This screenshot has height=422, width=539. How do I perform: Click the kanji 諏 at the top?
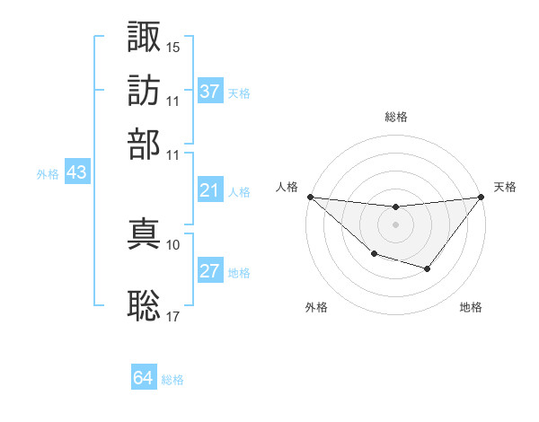coord(145,38)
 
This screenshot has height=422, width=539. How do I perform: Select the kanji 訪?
coord(145,91)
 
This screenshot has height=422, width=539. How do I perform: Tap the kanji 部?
coord(145,144)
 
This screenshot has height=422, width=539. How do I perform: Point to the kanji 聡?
coord(145,305)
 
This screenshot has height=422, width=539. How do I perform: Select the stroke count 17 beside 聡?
coord(173,315)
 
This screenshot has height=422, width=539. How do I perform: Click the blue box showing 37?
coord(210,92)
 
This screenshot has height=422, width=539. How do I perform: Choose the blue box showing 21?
coord(210,190)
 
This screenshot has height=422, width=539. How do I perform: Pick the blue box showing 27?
coord(210,271)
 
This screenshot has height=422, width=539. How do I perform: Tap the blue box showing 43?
coord(76,173)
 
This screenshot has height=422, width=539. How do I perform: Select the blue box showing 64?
coord(144,378)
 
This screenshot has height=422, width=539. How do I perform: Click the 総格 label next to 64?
coord(173,380)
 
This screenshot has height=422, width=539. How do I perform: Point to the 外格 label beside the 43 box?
coord(48,175)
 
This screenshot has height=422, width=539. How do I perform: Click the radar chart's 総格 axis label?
coord(396,117)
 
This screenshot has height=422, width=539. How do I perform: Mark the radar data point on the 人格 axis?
coord(310,197)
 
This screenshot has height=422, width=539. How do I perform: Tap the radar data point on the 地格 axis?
coord(428,268)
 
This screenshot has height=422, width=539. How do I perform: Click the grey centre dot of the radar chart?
coord(396,224)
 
